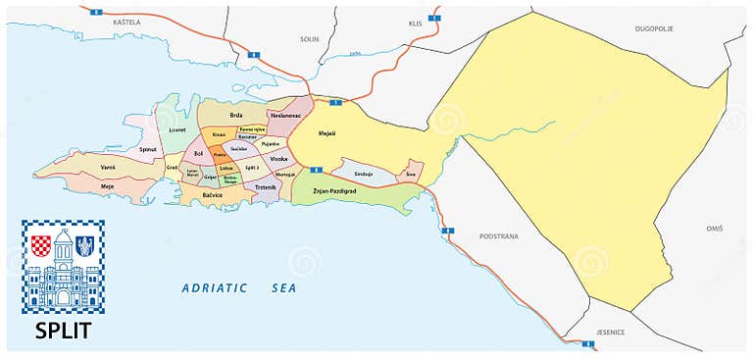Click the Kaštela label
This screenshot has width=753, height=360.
(126, 21)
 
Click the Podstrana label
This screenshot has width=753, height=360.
(498, 236)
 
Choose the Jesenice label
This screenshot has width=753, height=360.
(610, 331)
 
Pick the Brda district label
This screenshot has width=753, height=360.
(236, 116)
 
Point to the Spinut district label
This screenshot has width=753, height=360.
(148, 150)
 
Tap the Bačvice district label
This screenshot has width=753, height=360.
(213, 195)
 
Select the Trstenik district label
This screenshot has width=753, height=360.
(266, 186)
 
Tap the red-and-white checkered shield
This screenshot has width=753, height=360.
(41, 245)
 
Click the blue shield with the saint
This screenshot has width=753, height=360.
(84, 245)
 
